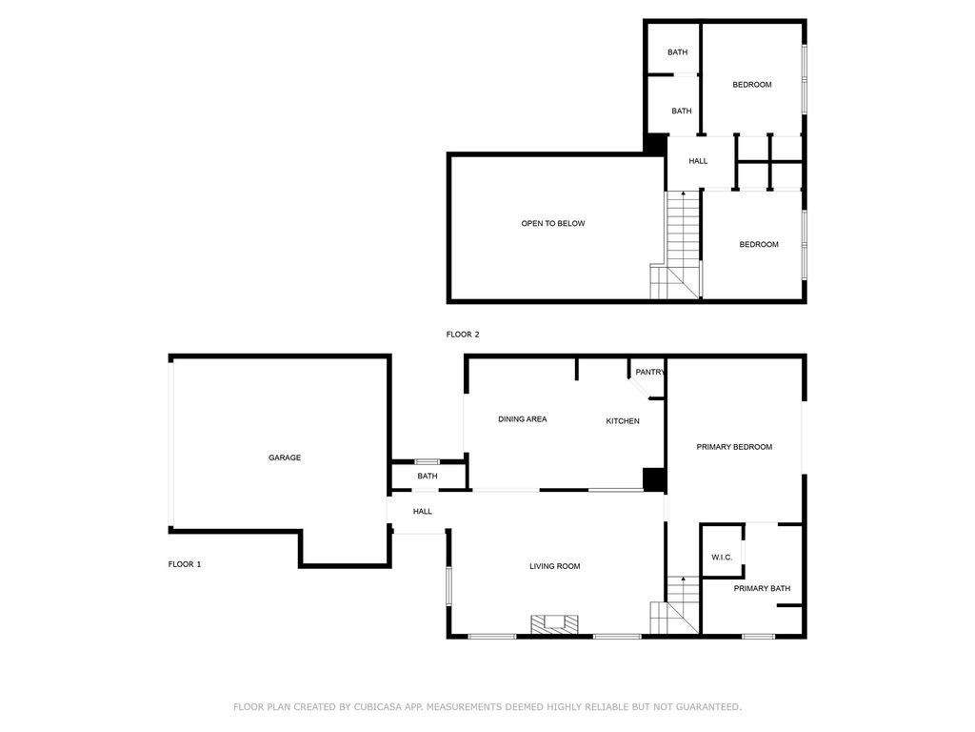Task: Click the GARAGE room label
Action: click(x=285, y=457)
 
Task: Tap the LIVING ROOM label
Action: click(x=555, y=566)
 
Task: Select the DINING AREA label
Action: click(x=523, y=419)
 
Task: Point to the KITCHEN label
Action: click(x=623, y=421)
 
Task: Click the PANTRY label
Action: click(x=649, y=373)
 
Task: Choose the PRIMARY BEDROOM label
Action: click(x=734, y=447)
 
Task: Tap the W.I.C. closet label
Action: click(x=722, y=558)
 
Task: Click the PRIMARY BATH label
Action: click(x=762, y=589)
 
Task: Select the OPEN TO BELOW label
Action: click(x=553, y=223)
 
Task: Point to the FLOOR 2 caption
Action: click(x=463, y=335)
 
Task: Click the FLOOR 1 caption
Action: click(x=185, y=564)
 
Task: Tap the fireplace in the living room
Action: click(x=554, y=625)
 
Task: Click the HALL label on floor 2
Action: click(x=698, y=161)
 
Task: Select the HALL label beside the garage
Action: click(x=422, y=512)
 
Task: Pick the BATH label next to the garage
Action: click(x=428, y=477)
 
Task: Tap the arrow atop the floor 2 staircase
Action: click(x=684, y=193)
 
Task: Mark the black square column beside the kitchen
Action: click(x=654, y=480)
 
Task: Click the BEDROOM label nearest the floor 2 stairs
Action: click(x=759, y=245)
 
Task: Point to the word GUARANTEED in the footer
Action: click(x=708, y=707)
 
